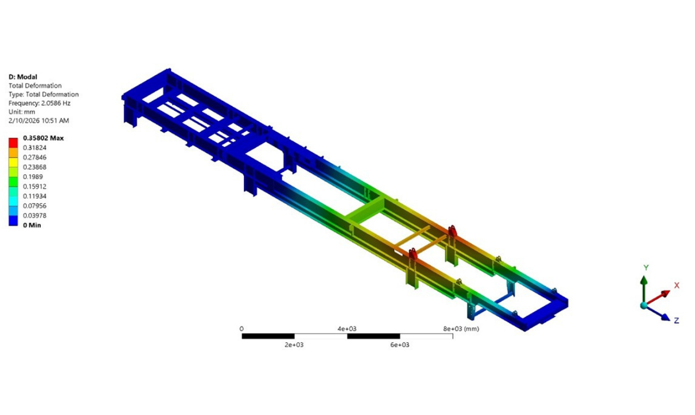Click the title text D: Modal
(23, 77)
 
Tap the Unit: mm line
(22, 112)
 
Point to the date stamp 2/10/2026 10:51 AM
(39, 120)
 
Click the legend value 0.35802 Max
(43, 138)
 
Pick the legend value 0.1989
(33, 177)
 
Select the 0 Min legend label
(32, 225)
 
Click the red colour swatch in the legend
(13, 143)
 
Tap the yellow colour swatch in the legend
(13, 162)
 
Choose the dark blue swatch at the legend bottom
(13, 221)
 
